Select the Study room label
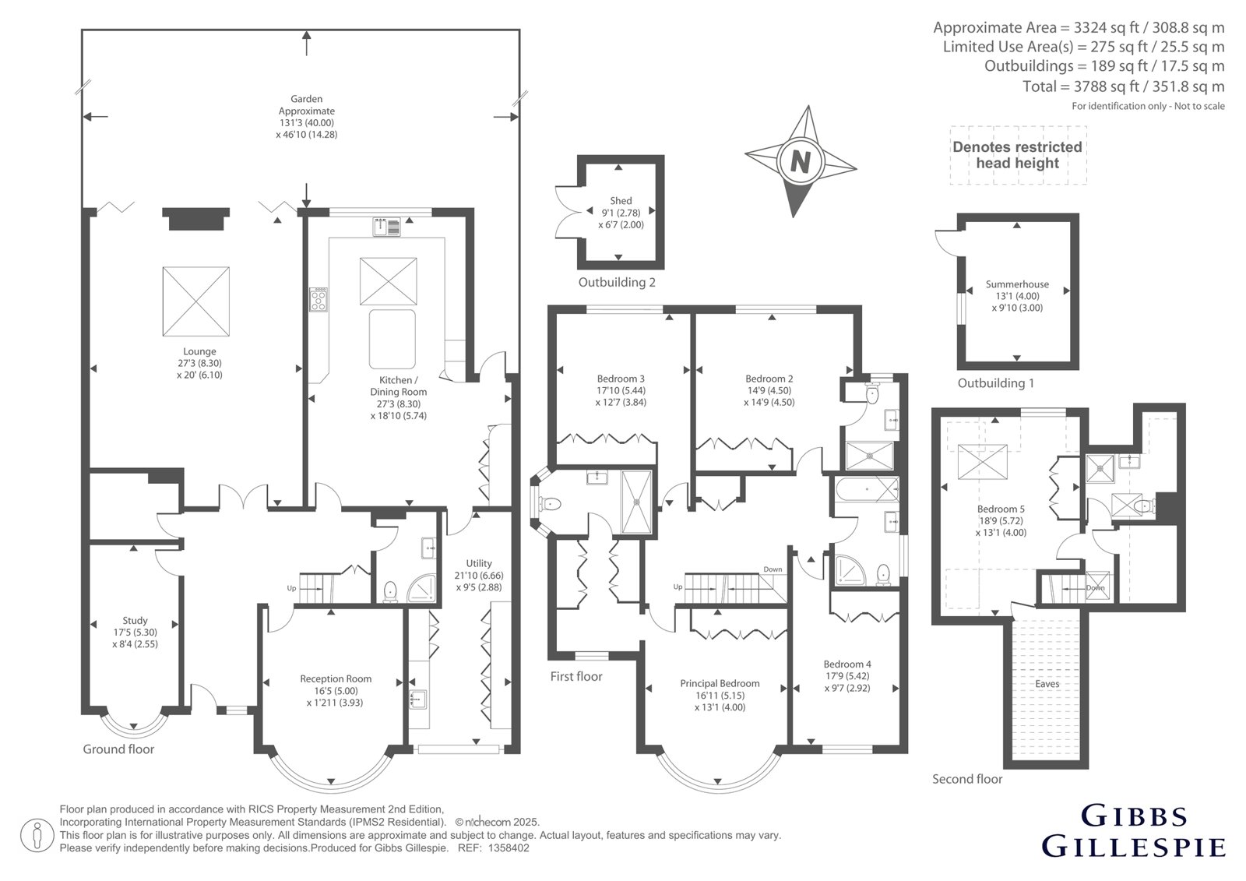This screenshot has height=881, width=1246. [135, 620]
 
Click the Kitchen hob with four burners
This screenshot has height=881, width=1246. [319, 299]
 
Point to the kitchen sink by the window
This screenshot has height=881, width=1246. [386, 227]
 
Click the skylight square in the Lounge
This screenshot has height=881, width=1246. [195, 301]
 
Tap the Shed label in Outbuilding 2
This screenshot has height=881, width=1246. [621, 201]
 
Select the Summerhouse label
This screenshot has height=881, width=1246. [1017, 284]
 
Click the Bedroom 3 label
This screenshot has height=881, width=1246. [621, 379]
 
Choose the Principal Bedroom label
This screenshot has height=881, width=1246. [720, 683]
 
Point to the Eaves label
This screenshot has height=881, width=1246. [1047, 683]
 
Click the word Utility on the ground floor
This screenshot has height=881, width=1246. [479, 563]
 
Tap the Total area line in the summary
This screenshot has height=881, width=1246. [1124, 86]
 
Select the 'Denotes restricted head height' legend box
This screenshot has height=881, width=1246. [1018, 155]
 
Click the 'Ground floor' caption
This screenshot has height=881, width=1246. [118, 749]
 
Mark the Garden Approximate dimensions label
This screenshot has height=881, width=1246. [307, 116]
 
